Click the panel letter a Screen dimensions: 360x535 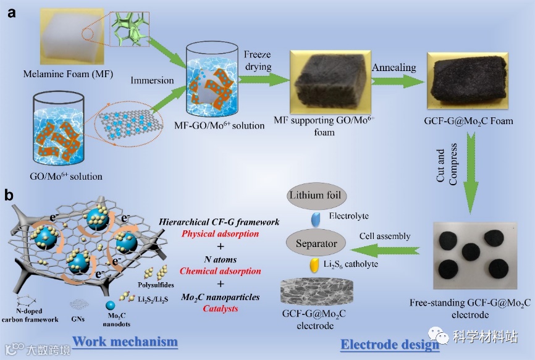pyautogui.click(x=12, y=13)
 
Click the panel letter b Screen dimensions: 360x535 pyautogui.click(x=9, y=196)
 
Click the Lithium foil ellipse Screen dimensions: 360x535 pyautogui.click(x=315, y=196)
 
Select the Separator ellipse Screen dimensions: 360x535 pyautogui.click(x=315, y=243)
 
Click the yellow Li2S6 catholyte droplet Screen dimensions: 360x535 pyautogui.click(x=315, y=264)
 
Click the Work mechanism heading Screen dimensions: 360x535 pyautogui.click(x=125, y=341)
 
